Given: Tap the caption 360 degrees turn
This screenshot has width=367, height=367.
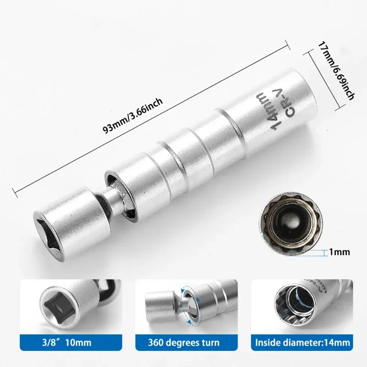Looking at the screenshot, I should point(183,342).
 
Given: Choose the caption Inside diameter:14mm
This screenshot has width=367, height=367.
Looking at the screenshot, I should point(303,342).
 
